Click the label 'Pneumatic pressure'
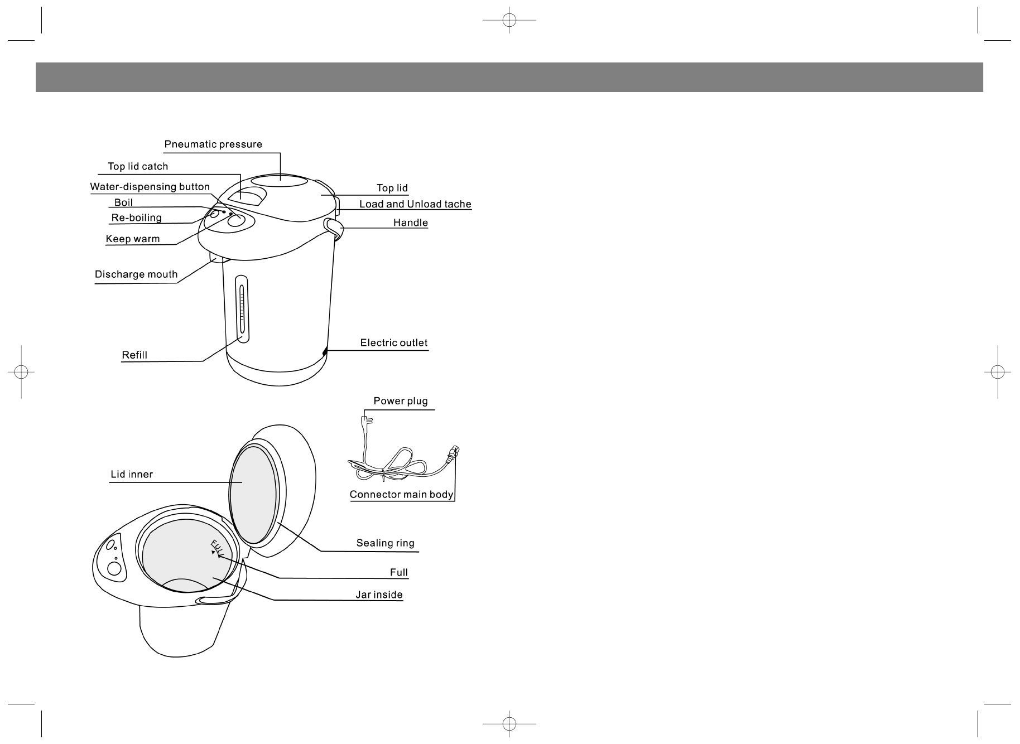(213, 144)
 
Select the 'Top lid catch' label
(138, 166)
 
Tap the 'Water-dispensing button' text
(150, 187)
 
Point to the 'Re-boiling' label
(137, 218)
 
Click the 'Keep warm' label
(133, 239)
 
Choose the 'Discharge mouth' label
(136, 274)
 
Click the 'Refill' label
(134, 355)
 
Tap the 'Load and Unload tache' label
(415, 204)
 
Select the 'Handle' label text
(411, 223)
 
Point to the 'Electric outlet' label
(394, 342)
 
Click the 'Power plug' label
(401, 401)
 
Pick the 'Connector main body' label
(401, 495)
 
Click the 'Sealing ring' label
(386, 543)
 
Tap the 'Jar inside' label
(379, 595)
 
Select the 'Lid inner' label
(132, 475)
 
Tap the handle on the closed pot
(334, 227)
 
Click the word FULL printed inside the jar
(216, 548)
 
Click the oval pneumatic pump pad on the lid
(279, 181)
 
